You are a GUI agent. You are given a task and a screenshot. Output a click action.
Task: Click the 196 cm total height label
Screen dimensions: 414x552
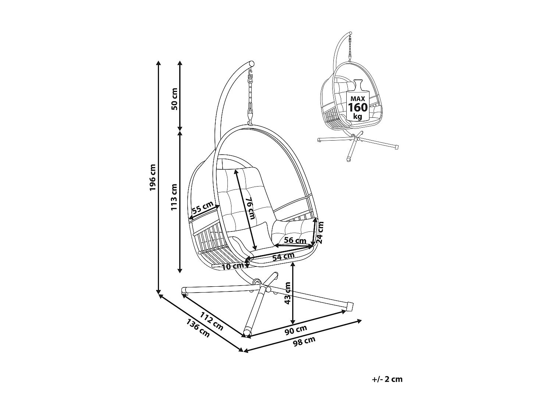point(153,177)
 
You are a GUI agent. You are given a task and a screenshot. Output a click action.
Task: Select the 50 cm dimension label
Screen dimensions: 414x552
point(174,99)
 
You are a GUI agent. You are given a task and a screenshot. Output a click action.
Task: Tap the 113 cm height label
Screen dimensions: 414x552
point(174,197)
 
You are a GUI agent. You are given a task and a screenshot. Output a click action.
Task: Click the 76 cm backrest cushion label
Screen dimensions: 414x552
point(250,208)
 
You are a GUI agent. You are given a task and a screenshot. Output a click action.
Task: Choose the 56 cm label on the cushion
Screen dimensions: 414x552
point(295,241)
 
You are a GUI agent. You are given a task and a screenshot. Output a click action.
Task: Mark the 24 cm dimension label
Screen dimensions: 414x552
point(320,233)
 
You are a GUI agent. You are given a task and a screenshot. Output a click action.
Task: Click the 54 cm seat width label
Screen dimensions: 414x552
point(283,256)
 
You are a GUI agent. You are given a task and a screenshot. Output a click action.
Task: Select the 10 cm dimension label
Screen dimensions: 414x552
point(233,266)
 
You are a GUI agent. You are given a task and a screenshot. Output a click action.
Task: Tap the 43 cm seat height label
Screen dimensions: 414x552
point(288,293)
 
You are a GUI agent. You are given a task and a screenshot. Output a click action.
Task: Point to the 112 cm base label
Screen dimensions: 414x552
point(212,321)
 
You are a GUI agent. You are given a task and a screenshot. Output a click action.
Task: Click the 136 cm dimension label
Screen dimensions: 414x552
point(198,328)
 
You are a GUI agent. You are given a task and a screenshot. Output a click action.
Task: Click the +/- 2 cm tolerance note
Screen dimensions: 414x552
point(387,379)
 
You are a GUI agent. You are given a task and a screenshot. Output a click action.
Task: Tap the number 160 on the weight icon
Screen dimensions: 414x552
point(358,107)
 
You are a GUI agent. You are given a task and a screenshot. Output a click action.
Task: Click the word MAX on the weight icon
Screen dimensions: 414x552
point(357,99)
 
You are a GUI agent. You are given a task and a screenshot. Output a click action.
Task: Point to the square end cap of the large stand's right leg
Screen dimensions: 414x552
point(351,306)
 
